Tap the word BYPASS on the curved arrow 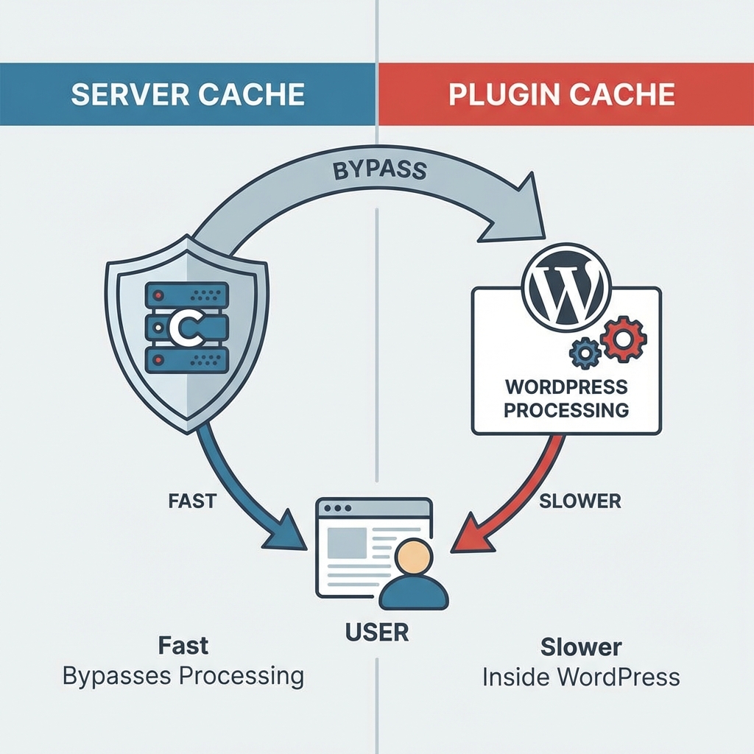point(379,169)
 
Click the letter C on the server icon point(179,327)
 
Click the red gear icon point(623,338)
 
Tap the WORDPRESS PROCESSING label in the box point(565,398)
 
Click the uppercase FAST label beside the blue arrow point(191,501)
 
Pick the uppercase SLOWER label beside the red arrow point(579,501)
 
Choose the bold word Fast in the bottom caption point(183,646)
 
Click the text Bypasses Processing point(183,676)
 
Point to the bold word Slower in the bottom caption point(581,647)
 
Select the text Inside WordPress point(581,677)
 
